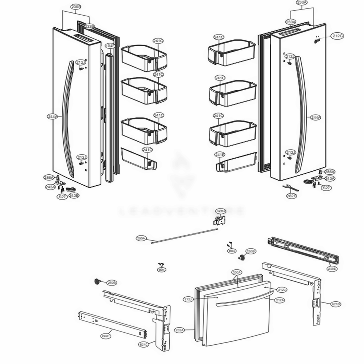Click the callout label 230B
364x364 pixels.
pyautogui.click(x=76, y=7)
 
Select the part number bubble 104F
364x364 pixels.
pyautogui.click(x=110, y=46)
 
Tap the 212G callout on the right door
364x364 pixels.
pyautogui.click(x=337, y=36)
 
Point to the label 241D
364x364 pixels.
pyautogui.click(x=147, y=150)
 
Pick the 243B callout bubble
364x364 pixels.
pyautogui.click(x=74, y=195)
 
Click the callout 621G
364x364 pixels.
pyautogui.click(x=221, y=211)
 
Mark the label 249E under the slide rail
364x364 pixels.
pyautogui.click(x=332, y=269)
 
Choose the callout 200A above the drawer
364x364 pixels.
pyautogui.click(x=237, y=272)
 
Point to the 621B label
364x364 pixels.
pyautogui.click(x=336, y=304)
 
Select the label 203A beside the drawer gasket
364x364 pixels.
pyautogui.click(x=179, y=330)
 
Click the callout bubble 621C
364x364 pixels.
pyautogui.click(x=144, y=344)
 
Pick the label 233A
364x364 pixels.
pyautogui.click(x=290, y=22)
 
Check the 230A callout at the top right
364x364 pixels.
pyautogui.click(x=302, y=3)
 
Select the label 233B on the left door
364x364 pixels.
pyautogui.click(x=89, y=26)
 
